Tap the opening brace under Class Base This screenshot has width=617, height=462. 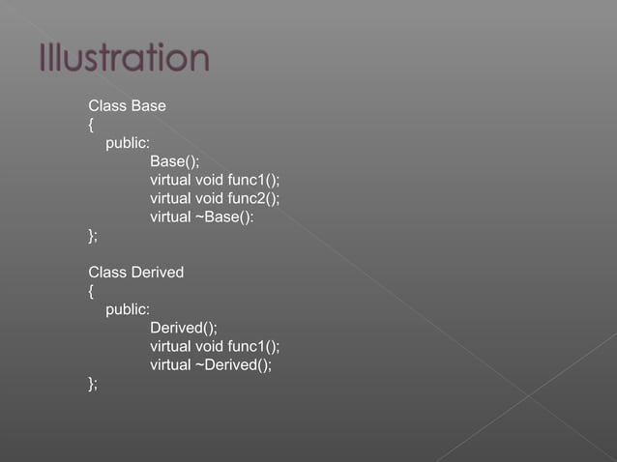91,125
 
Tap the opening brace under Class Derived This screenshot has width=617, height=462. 91,291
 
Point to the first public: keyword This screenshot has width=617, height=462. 128,143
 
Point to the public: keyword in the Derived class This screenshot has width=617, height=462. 128,309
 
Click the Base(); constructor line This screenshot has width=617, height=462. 174,161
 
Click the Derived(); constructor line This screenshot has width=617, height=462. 183,328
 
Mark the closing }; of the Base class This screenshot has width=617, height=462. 93,235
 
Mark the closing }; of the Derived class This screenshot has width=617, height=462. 93,383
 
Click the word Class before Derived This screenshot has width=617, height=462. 106,273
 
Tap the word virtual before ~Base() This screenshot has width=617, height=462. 170,217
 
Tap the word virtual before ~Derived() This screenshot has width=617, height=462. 170,364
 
